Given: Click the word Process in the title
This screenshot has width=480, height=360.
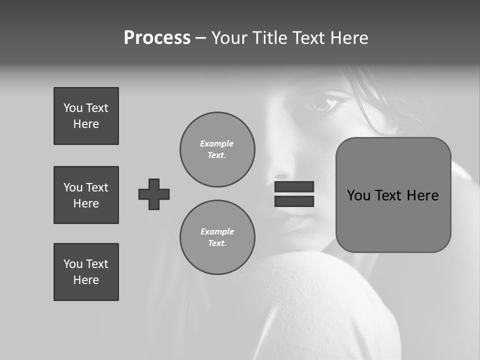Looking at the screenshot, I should (x=157, y=38).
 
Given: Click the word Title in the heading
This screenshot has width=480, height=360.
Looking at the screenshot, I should (x=270, y=38).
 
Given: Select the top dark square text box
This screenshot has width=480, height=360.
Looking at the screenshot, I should (x=86, y=116).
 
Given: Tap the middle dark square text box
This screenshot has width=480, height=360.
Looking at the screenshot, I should (x=86, y=195).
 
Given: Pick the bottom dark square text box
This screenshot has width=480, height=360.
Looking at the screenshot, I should (x=86, y=272).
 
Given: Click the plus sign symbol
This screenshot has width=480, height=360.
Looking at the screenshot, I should (x=154, y=194).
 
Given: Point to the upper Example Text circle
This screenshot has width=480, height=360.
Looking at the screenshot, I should (x=217, y=149).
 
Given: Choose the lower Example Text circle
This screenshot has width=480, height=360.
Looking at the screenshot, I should (x=217, y=237).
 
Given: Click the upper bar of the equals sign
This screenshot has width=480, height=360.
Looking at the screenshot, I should (x=294, y=186).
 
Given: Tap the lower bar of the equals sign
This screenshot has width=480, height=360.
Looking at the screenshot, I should (x=294, y=201).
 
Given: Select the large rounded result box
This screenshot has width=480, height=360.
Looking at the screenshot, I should (x=393, y=195).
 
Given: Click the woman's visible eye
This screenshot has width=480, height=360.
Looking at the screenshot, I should (x=324, y=104).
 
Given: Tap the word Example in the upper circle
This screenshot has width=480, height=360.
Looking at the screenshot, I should (x=217, y=143).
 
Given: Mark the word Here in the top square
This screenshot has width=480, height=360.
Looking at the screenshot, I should (x=86, y=124).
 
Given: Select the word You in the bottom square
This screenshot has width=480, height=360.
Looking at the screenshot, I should (x=73, y=264).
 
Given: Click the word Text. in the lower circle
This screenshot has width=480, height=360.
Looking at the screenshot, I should (x=217, y=243).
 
